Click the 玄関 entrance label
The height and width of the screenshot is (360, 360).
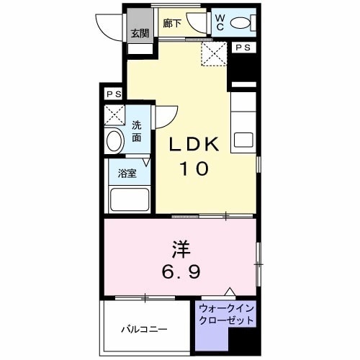(x=140, y=33)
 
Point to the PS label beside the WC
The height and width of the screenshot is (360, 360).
(x=243, y=48)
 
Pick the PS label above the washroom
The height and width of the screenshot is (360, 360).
(x=112, y=94)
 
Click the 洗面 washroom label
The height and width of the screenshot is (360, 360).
(x=137, y=130)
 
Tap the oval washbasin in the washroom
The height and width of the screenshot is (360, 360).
(x=114, y=140)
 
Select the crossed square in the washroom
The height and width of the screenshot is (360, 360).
(x=114, y=115)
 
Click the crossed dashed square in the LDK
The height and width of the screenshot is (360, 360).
(x=213, y=53)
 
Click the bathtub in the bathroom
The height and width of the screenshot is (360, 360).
(x=129, y=199)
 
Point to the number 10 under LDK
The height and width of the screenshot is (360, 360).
(x=192, y=169)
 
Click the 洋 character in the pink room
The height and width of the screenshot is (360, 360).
(x=180, y=250)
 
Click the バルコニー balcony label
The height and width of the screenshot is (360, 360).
(x=144, y=329)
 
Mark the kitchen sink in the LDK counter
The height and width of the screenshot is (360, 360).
(x=243, y=139)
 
